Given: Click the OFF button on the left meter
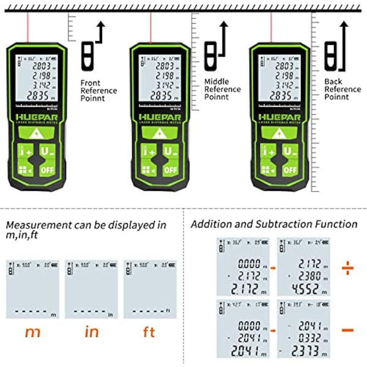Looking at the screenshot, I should click(x=48, y=169).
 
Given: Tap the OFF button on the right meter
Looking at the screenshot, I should click(x=287, y=169).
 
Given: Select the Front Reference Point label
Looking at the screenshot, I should click(x=98, y=91).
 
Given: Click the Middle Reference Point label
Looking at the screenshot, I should click(x=223, y=89).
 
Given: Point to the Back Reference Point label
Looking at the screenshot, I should click(x=343, y=89).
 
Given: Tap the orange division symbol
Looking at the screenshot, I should click(x=347, y=267).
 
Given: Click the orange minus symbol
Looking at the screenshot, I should click(x=347, y=330).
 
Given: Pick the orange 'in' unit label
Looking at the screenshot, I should click(x=91, y=333).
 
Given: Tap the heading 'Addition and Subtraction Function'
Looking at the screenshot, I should click(x=274, y=224).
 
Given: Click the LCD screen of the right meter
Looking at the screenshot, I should click(x=279, y=80).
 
